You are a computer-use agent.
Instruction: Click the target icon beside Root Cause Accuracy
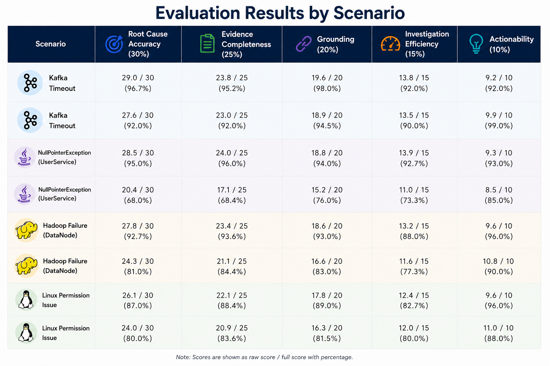(x=114, y=44)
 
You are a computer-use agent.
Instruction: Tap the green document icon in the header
(x=207, y=43)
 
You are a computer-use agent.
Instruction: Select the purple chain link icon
(x=304, y=44)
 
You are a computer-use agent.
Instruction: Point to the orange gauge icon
(x=390, y=44)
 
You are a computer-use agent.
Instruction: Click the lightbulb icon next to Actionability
(x=476, y=44)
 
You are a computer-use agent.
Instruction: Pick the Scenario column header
(x=50, y=44)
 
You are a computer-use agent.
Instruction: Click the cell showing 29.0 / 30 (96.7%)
(x=138, y=83)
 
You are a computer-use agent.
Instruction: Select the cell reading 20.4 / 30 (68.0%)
(x=138, y=195)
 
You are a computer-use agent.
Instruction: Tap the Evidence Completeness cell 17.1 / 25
(x=232, y=195)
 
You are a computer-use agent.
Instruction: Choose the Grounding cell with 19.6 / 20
(x=327, y=83)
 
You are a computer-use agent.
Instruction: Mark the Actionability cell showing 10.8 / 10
(x=498, y=266)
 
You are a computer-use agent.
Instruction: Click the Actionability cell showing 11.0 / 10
(x=498, y=333)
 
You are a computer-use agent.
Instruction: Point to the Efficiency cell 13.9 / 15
(x=414, y=158)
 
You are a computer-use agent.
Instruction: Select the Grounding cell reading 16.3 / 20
(x=327, y=333)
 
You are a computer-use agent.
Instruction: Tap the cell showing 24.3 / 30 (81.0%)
(x=138, y=266)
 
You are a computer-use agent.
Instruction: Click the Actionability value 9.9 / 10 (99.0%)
(x=499, y=120)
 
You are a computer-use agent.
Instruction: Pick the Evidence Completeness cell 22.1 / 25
(x=232, y=300)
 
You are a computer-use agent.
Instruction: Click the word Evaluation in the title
(x=198, y=13)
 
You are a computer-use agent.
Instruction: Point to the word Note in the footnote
(x=183, y=357)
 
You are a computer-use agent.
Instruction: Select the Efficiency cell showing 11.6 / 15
(x=414, y=266)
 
